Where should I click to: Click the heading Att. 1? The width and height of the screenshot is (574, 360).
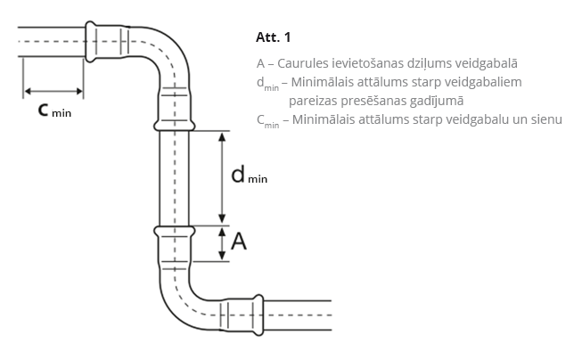point(273,37)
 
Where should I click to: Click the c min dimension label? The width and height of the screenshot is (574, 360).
point(54,110)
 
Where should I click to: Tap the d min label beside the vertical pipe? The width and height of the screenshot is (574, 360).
point(249,175)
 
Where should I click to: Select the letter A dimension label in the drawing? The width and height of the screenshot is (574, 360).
point(239,241)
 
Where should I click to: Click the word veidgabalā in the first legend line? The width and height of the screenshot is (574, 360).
point(487,63)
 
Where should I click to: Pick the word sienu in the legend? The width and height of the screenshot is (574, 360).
point(546,119)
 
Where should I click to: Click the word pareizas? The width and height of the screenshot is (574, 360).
point(314,101)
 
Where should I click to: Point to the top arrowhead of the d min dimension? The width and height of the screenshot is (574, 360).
point(222,136)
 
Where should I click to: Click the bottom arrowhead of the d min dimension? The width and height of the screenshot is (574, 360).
point(222,219)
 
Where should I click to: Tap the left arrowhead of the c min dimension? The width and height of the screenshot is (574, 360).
point(29,91)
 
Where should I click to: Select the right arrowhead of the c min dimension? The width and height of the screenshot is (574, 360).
point(78,91)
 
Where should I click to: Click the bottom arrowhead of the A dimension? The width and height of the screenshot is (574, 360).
point(222,256)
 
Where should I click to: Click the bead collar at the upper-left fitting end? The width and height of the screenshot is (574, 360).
point(90,41)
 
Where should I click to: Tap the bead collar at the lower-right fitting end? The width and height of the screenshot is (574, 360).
point(258,315)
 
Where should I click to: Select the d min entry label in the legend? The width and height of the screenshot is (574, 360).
point(267,84)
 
